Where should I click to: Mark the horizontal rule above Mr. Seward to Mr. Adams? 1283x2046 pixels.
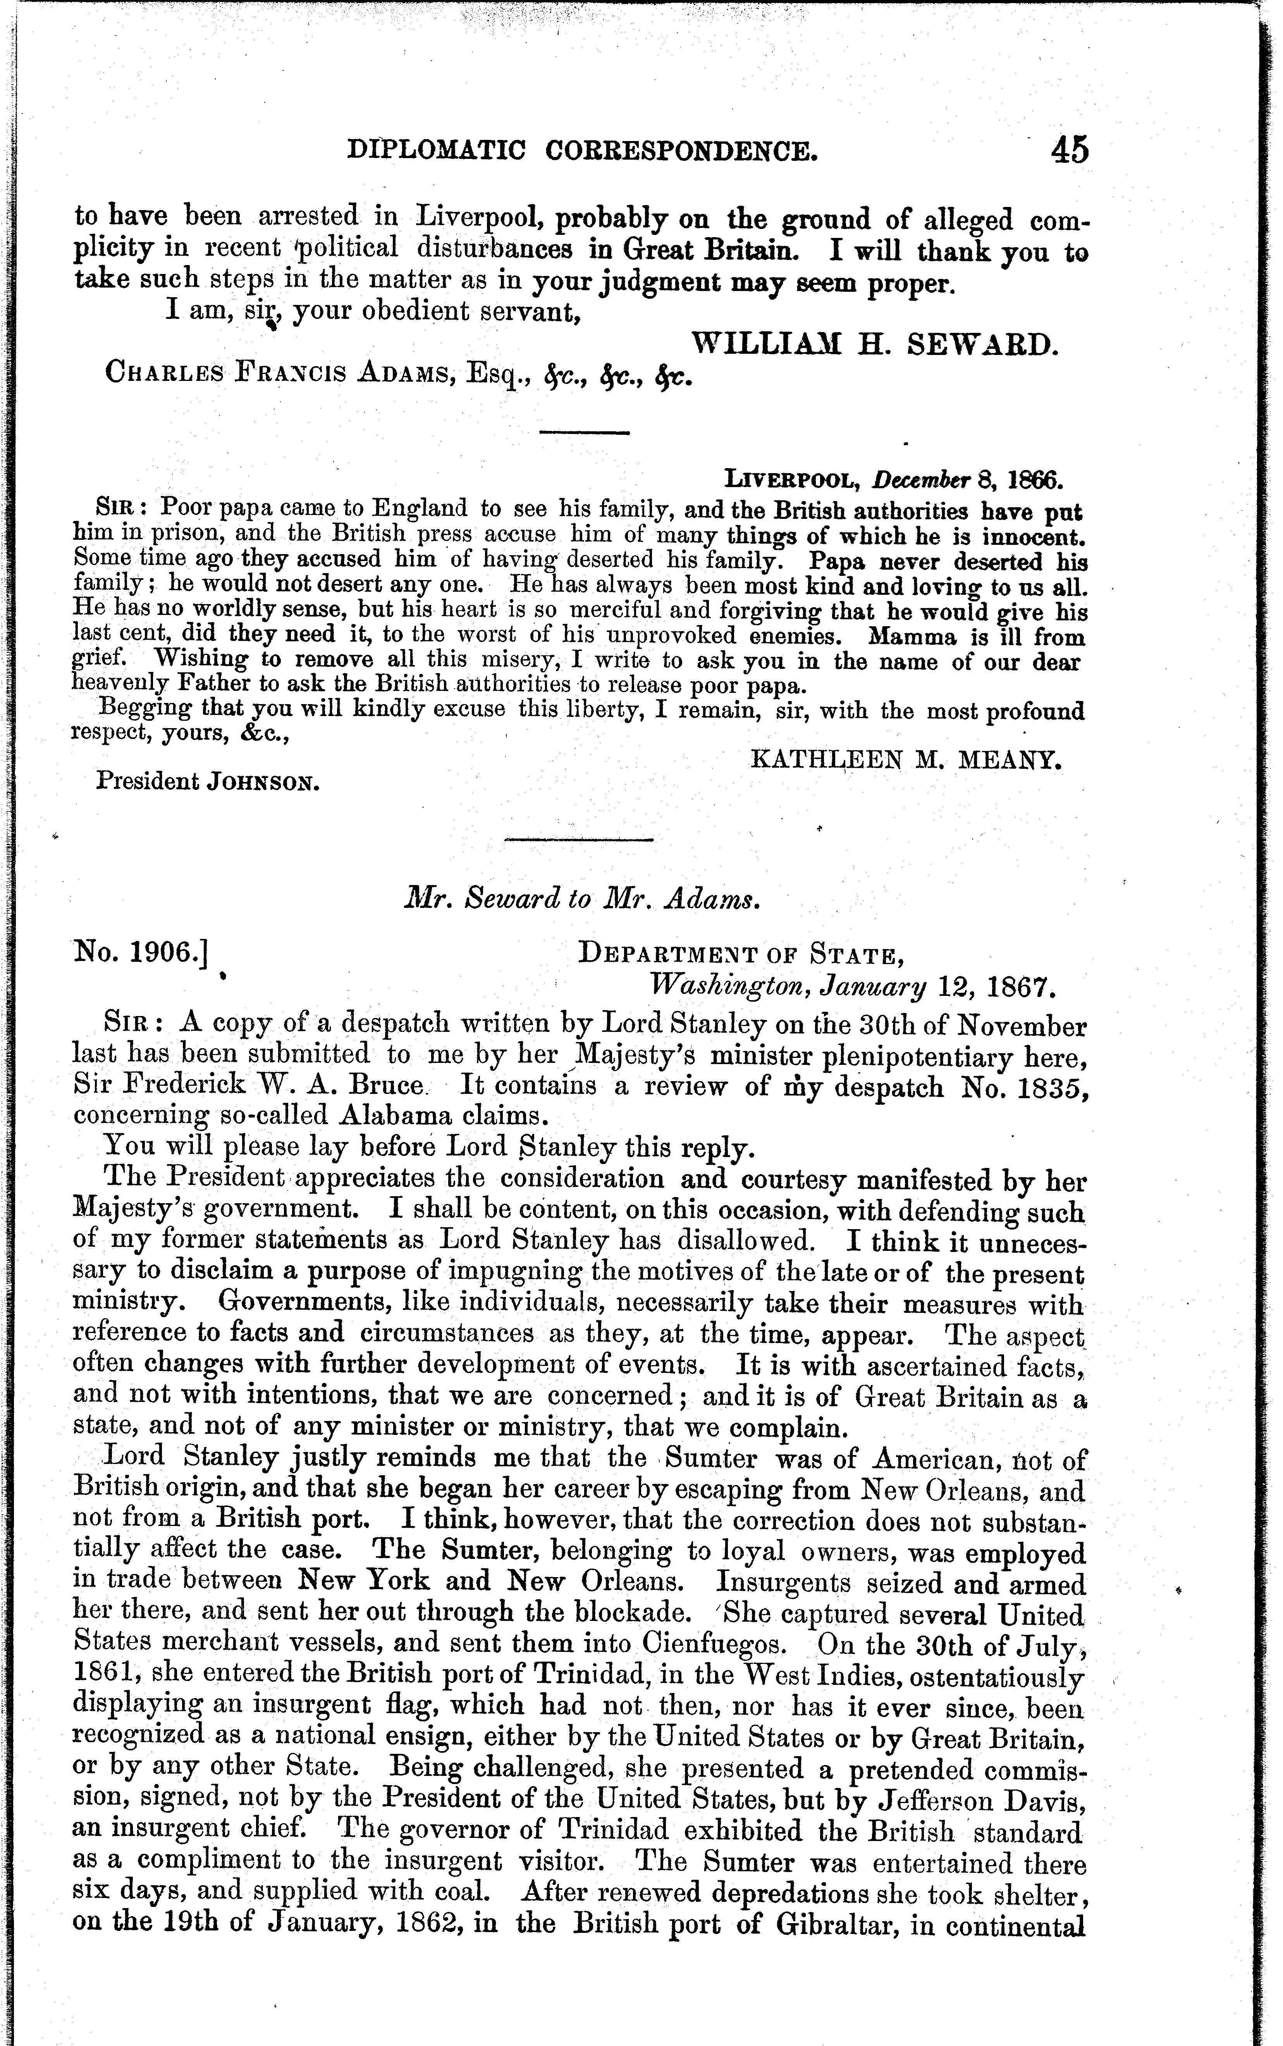tap(580, 840)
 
